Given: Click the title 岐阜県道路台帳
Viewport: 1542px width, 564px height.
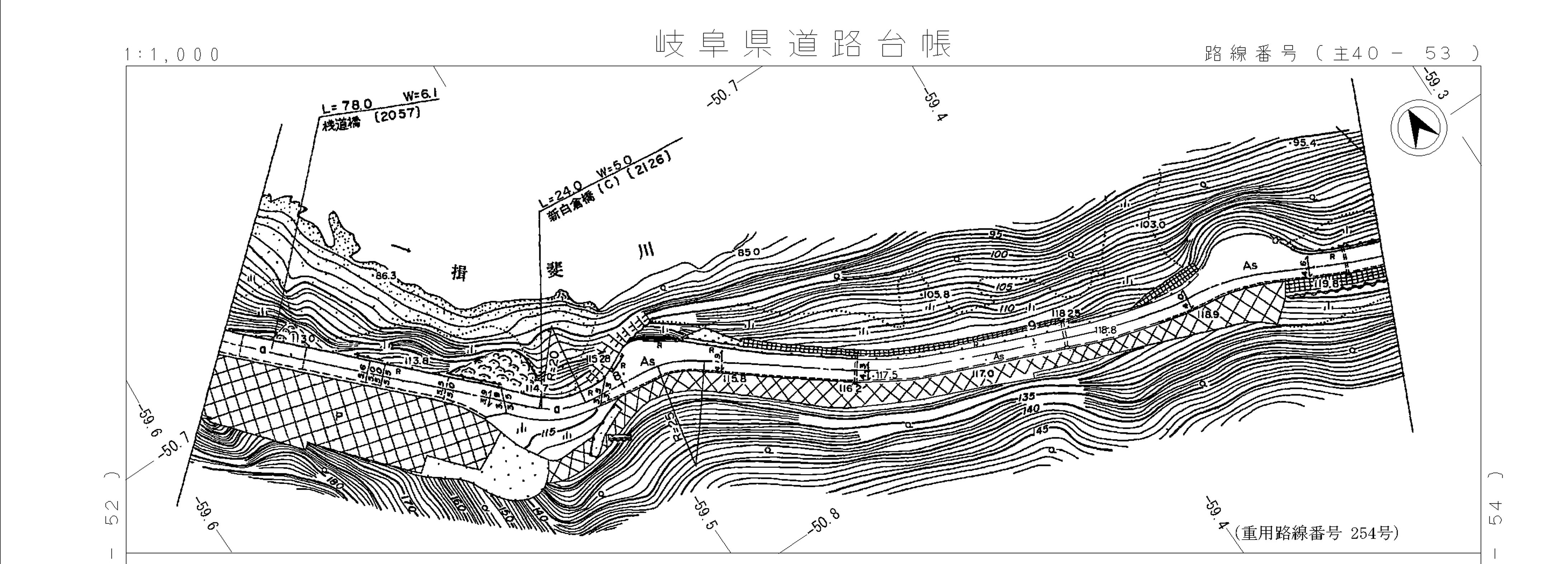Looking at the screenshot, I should (803, 44).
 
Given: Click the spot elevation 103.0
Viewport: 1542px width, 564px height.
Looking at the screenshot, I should (1152, 225).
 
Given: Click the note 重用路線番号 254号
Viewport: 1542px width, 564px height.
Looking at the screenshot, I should (1316, 533).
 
